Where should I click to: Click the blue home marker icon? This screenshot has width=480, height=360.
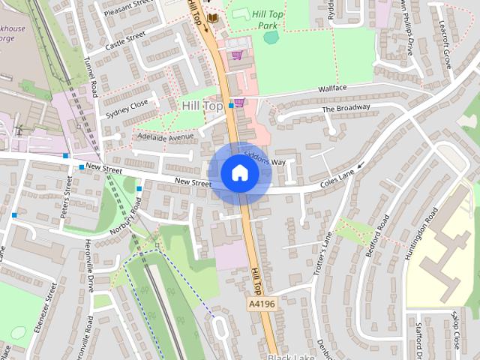tap(240, 173)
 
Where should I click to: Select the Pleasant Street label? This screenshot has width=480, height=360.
tap(128, 10)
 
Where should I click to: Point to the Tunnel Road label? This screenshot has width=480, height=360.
tap(91, 76)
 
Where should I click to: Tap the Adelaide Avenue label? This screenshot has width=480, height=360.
tap(160, 137)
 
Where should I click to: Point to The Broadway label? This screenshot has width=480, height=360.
tap(346, 109)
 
